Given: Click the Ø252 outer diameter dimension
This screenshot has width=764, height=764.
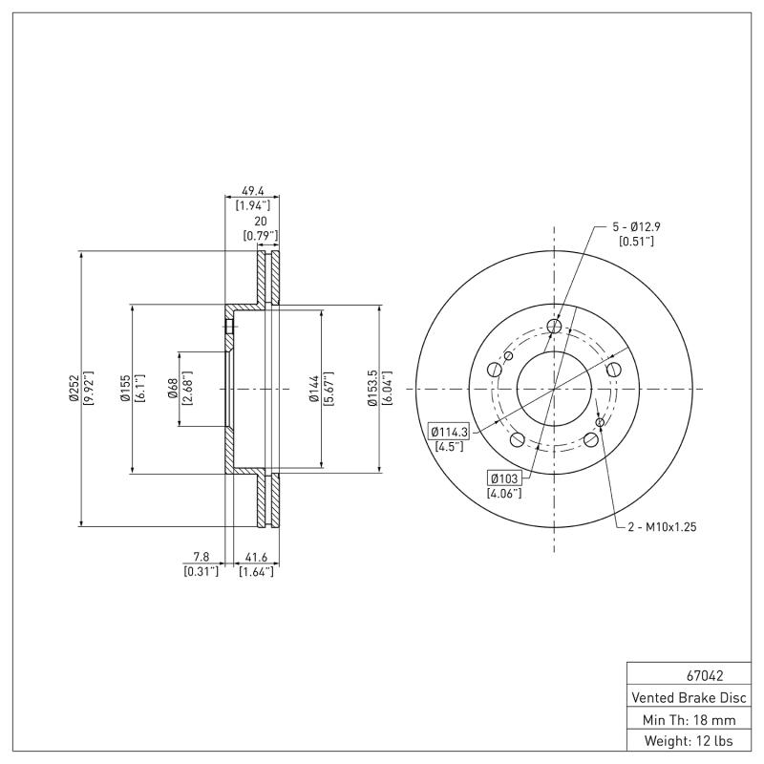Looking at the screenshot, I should (x=73, y=389).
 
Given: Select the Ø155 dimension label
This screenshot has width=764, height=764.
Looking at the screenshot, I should (x=125, y=389).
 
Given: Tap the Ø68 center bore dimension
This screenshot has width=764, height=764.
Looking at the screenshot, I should (x=173, y=389).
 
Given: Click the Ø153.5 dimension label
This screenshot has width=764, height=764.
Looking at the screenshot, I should (x=372, y=389).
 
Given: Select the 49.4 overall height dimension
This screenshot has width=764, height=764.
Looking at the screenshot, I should (x=253, y=191).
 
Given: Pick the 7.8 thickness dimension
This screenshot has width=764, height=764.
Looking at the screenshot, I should (x=201, y=556).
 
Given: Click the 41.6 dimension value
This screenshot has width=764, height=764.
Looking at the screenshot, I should (x=256, y=556).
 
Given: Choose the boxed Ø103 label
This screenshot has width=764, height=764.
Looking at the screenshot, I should (x=502, y=478).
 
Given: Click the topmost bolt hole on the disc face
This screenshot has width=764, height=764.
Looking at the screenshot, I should (x=555, y=328).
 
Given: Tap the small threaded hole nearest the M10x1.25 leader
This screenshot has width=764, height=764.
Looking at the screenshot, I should (x=599, y=422).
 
